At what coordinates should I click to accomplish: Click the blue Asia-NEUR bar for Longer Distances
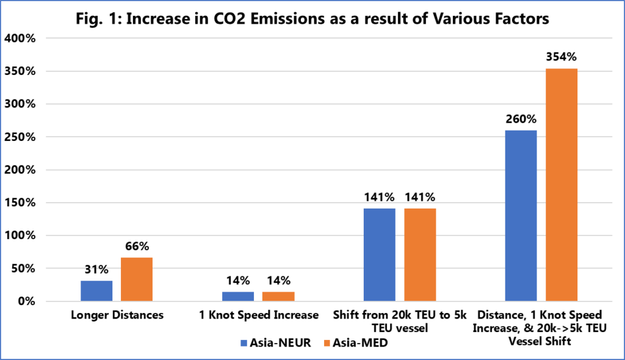96,290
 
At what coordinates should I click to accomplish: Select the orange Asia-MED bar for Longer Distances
137,279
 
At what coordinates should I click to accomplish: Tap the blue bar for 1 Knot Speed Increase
238,297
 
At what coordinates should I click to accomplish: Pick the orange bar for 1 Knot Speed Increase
278,297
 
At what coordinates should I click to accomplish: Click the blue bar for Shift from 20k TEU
380,254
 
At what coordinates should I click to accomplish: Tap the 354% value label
562,57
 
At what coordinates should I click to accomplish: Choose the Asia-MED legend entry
355,343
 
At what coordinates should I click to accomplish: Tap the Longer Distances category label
117,315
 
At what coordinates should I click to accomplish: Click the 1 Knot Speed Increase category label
258,315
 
